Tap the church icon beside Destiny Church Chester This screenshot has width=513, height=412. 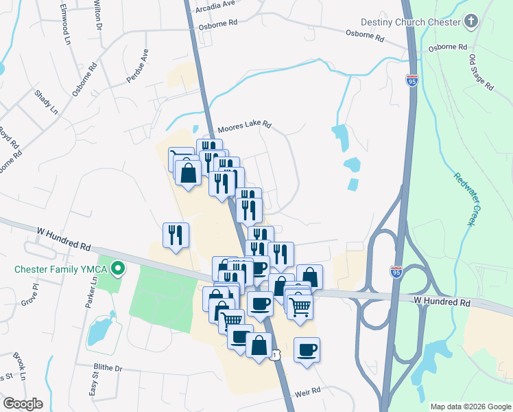point(470,22)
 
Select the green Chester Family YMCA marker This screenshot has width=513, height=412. point(118,268)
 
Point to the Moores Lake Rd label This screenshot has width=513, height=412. point(245,127)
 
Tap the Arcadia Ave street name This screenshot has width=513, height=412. point(215,3)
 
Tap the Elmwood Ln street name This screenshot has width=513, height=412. point(65,25)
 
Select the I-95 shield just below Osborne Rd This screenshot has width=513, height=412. point(411,80)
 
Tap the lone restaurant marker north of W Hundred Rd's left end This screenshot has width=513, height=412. point(175,236)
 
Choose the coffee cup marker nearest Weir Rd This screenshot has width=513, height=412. point(307,350)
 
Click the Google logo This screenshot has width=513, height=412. point(23,404)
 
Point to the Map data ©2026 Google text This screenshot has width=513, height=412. point(470,407)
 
